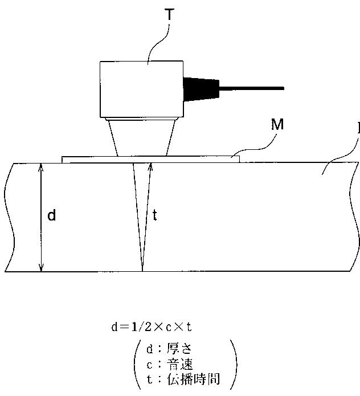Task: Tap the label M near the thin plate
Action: [277, 125]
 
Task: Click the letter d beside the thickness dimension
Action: [51, 215]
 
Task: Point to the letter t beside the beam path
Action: [156, 215]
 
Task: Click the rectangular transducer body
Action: [141, 88]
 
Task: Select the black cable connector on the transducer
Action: [200, 88]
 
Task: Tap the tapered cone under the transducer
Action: [142, 137]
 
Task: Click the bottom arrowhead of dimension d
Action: [40, 267]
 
